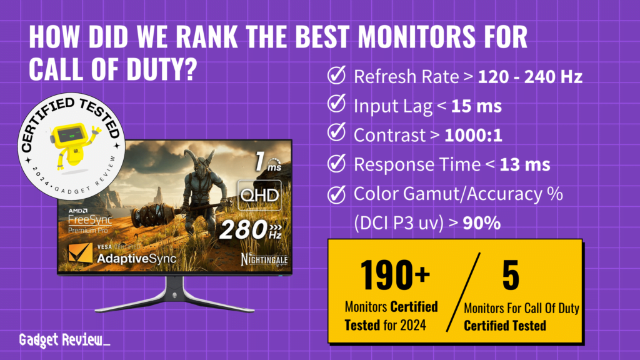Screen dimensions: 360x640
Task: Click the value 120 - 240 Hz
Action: pos(531,77)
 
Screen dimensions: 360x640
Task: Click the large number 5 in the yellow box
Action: pos(510,277)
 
